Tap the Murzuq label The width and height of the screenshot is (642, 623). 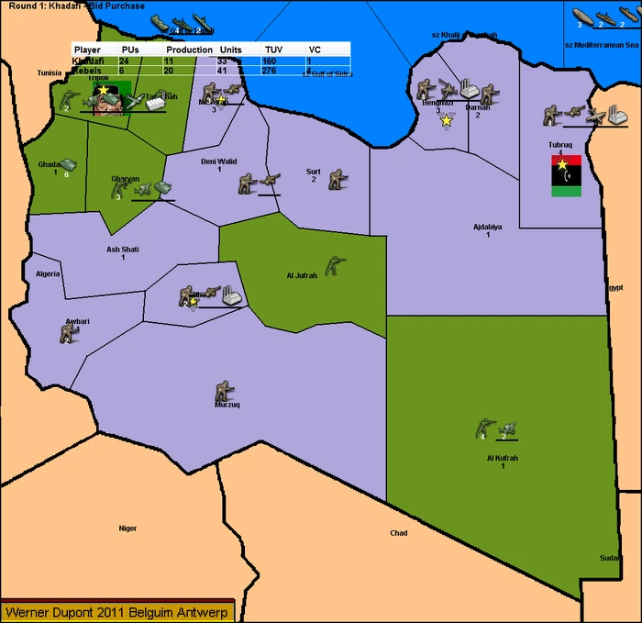(x=227, y=404)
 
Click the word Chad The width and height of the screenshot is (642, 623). (x=399, y=533)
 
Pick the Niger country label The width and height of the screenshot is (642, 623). (x=127, y=528)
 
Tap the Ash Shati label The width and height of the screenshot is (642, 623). (x=122, y=249)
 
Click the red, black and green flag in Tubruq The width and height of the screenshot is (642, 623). (x=565, y=175)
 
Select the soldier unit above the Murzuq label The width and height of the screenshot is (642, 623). (x=221, y=390)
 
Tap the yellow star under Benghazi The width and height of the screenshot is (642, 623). (x=447, y=120)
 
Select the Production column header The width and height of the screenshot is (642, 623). (x=190, y=49)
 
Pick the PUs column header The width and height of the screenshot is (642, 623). (x=130, y=49)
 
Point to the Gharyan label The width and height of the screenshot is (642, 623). (x=126, y=178)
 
